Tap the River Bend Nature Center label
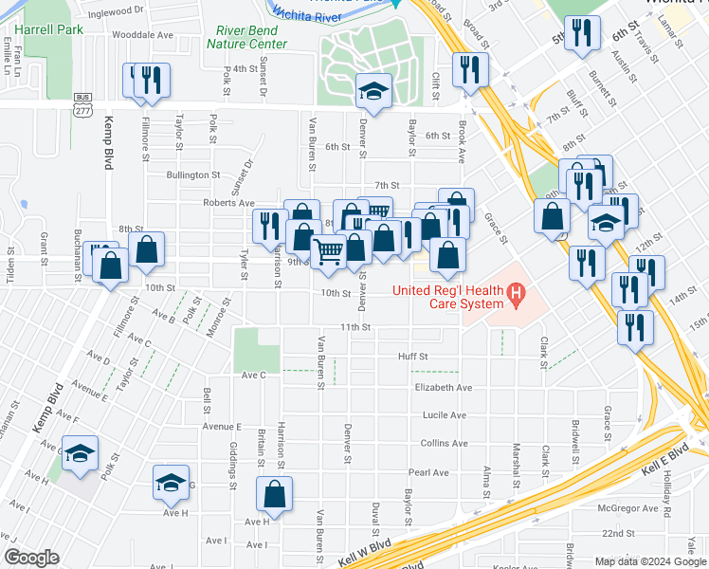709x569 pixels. pos(251,37)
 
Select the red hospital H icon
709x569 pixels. pos(516,296)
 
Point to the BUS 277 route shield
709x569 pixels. pos(82,105)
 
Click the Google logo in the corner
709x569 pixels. pos(31,557)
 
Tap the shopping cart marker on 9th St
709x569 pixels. pos(329,251)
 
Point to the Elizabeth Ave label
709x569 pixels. pos(444,388)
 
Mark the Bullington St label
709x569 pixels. pos(193,175)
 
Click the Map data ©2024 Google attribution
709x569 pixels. pos(649,561)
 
